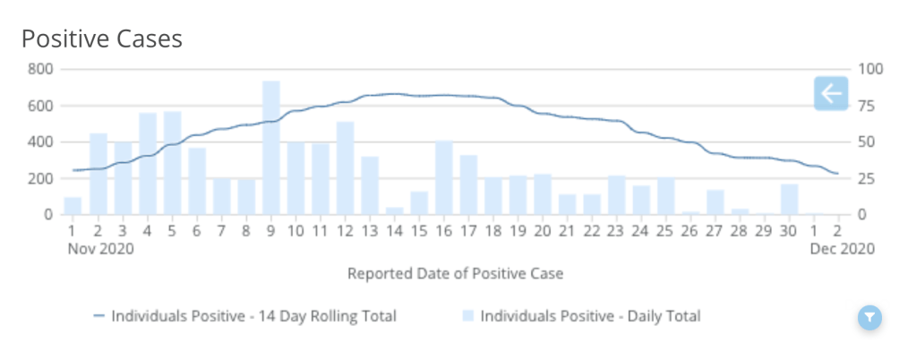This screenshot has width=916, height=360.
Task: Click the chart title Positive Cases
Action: coord(101,39)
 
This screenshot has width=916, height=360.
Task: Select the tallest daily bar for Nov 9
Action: coord(271,148)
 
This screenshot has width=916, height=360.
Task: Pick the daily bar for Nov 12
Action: coord(346,168)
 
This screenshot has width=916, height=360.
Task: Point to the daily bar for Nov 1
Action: coord(73,206)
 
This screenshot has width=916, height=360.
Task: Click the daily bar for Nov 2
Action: coord(98,174)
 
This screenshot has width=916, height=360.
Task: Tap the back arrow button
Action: coord(831,93)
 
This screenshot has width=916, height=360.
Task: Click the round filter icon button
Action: coord(869,317)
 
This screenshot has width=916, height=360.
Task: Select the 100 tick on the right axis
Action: coord(870,69)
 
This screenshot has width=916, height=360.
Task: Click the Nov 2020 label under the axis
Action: coord(100,249)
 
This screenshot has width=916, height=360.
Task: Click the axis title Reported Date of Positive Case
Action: coord(455,273)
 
